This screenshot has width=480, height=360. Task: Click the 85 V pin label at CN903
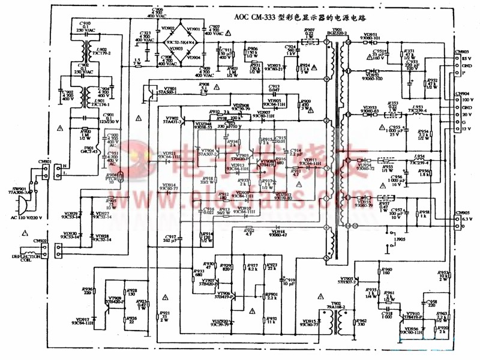coord(464,58)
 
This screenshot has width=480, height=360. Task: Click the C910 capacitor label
coord(79,23)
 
